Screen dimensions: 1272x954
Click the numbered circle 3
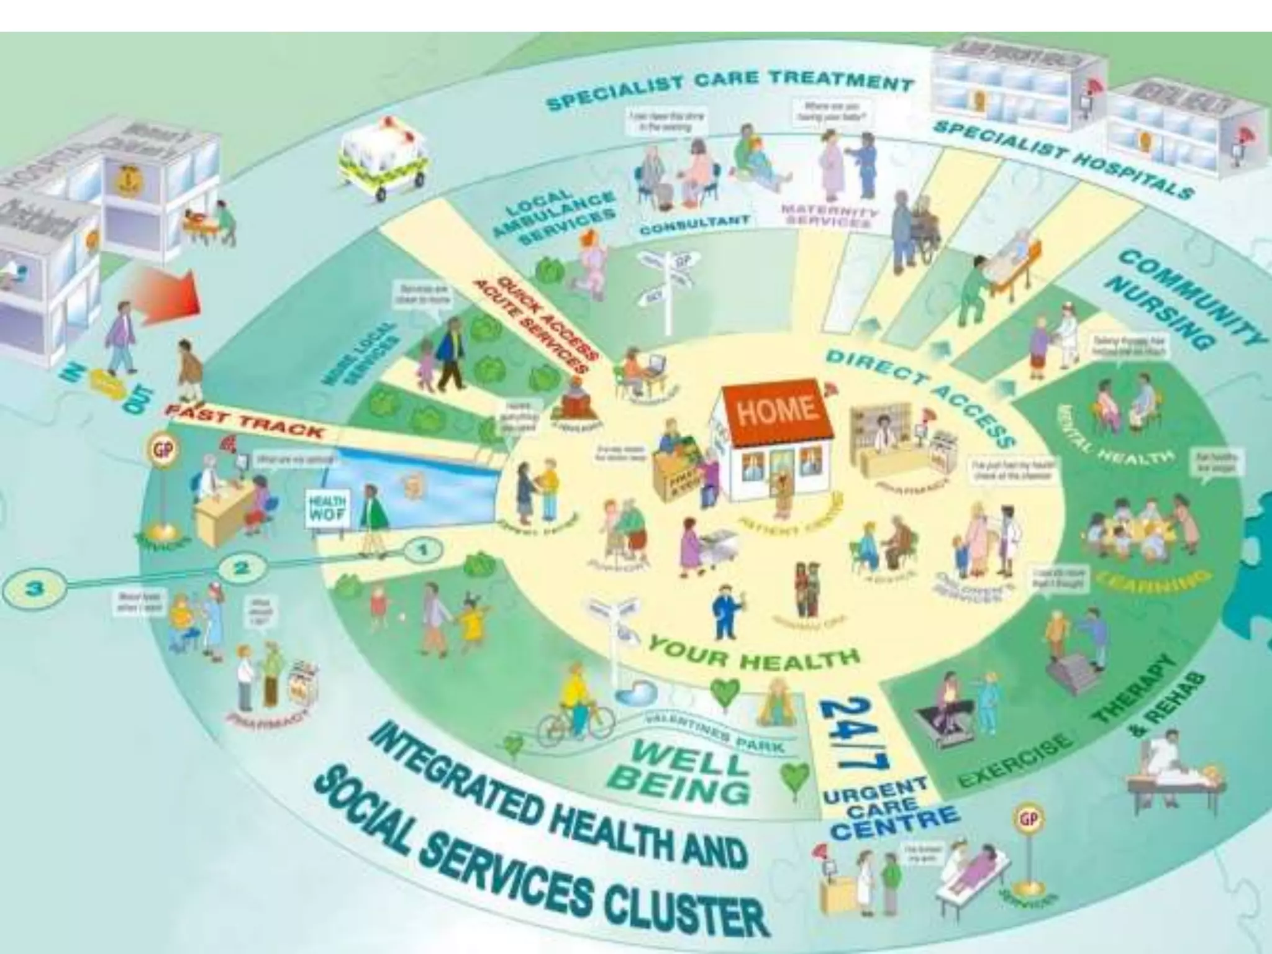point(35,589)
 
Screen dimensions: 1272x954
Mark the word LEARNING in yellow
point(1153,581)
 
